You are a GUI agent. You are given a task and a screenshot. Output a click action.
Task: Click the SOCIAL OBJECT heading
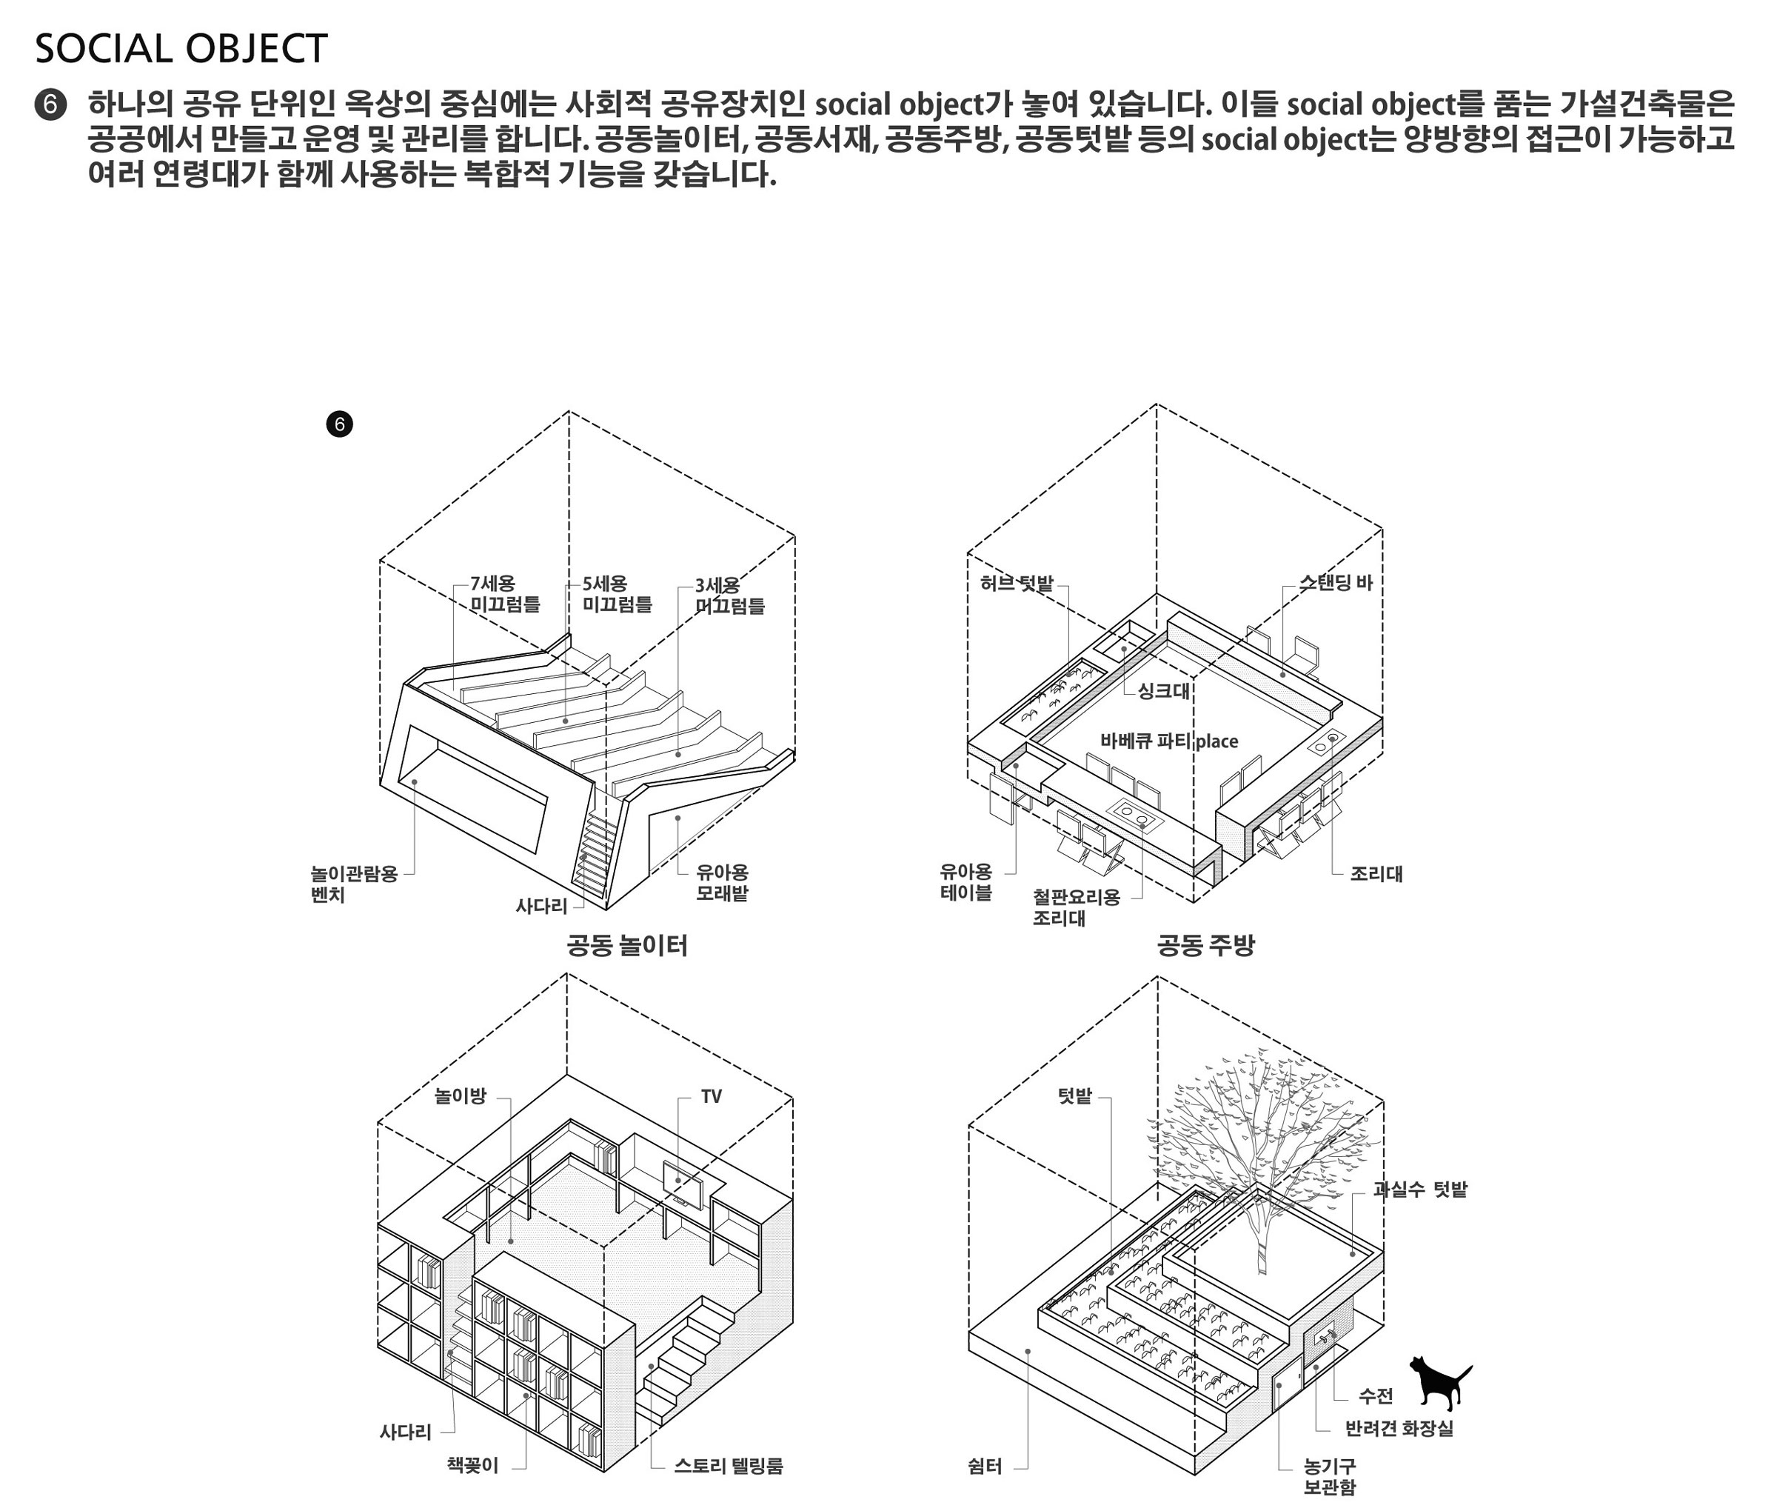pos(181,49)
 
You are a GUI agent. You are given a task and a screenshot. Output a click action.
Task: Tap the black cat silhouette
pos(1439,1381)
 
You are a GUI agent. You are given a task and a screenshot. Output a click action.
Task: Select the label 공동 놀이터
pos(627,945)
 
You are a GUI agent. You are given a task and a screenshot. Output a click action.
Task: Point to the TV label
pos(711,1096)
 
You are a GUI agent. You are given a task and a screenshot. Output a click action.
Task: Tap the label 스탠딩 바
pos(1336,582)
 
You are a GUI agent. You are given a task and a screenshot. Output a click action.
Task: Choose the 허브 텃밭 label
pos(1017,584)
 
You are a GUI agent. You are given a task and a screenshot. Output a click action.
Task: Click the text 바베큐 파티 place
pos(1169,741)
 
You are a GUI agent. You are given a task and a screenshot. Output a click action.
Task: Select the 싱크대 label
pos(1164,690)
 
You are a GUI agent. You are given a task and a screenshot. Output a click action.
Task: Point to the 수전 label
pos(1376,1395)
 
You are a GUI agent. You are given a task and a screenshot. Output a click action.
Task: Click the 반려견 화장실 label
pos(1399,1428)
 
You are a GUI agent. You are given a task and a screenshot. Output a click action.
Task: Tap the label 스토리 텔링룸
pos(728,1465)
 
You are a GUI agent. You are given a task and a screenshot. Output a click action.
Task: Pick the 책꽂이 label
pos(472,1465)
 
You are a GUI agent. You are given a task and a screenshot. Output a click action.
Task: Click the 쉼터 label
pos(985,1466)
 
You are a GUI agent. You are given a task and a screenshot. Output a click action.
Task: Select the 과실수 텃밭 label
pos(1420,1189)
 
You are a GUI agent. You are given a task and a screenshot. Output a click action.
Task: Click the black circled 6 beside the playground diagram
pos(339,424)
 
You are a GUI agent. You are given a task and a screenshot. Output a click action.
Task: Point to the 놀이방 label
pos(460,1095)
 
